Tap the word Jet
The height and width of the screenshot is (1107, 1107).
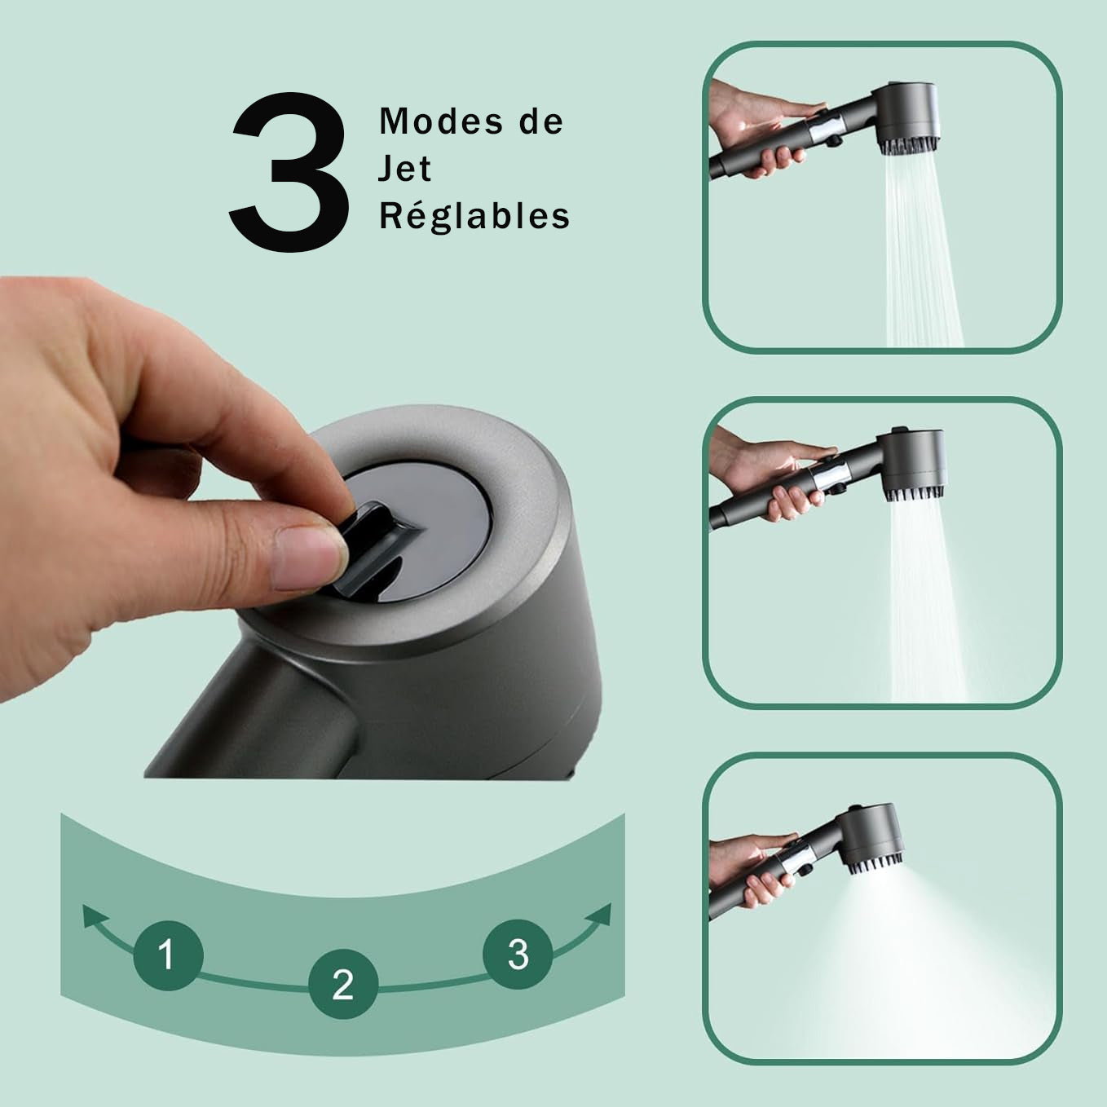click(404, 168)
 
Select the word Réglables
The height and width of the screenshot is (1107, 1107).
click(474, 217)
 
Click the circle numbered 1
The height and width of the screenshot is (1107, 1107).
click(168, 955)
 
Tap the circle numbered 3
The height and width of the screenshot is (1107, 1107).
click(518, 955)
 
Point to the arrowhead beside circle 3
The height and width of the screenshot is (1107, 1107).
click(598, 915)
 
